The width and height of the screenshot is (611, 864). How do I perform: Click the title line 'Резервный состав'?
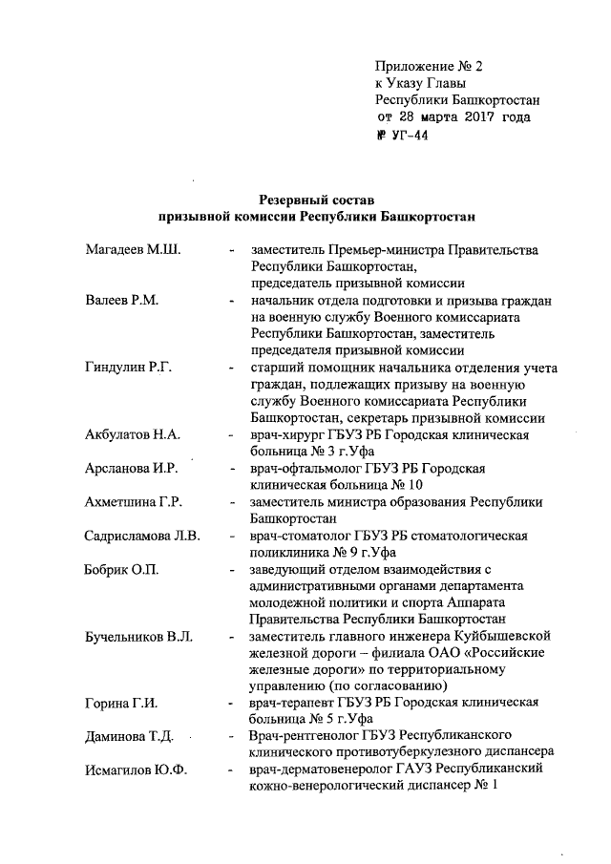coord(316,200)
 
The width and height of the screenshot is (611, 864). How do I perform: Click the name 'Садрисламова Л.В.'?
coord(141,536)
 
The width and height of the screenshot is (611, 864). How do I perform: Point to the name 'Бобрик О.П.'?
coord(121,570)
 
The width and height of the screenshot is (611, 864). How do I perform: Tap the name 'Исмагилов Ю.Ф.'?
coord(133,771)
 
